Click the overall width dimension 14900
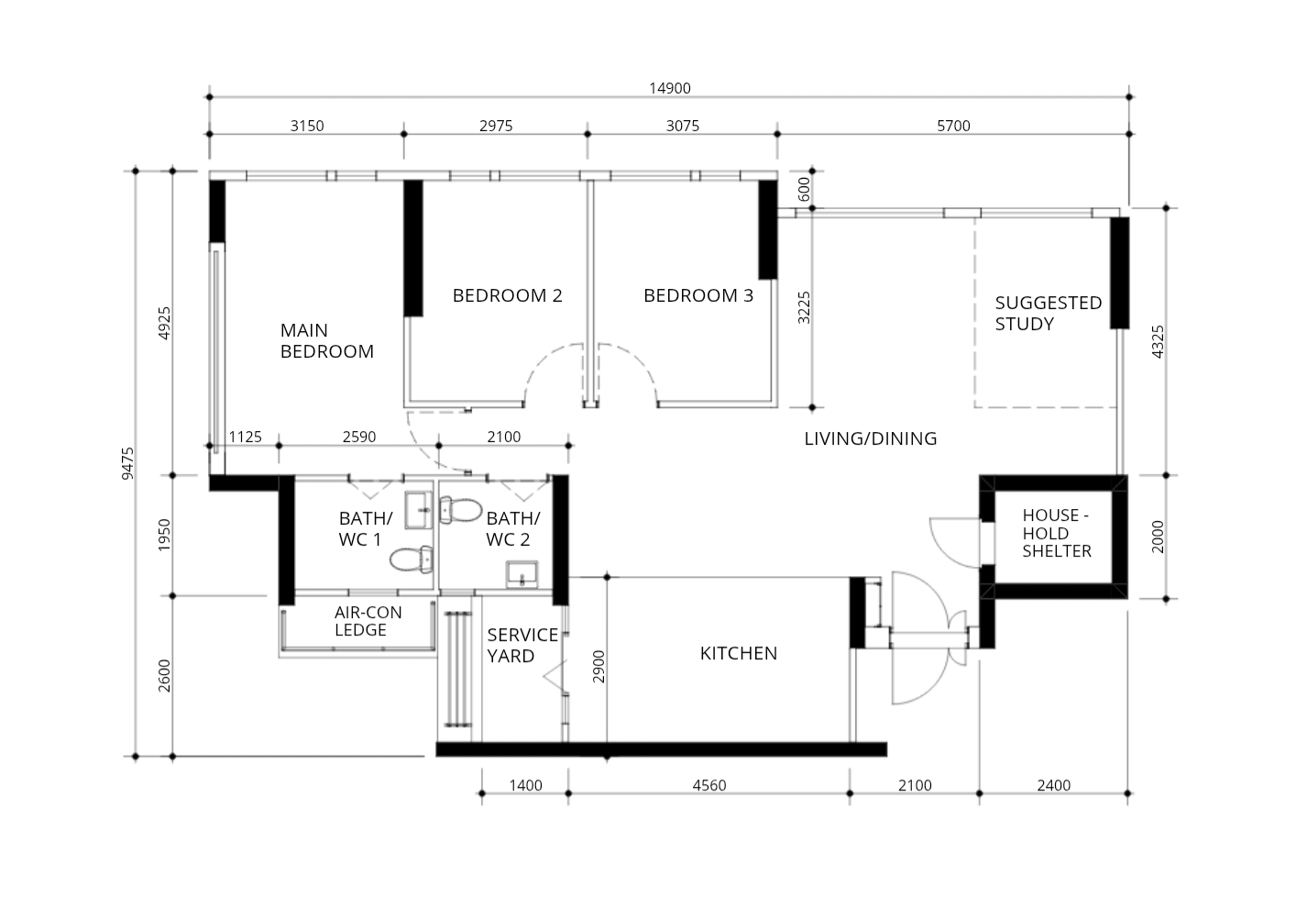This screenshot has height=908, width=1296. [x=669, y=88]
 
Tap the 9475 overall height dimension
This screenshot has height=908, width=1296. [x=127, y=463]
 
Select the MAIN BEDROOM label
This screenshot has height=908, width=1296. [x=326, y=340]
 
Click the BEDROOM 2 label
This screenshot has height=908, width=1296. [x=507, y=295]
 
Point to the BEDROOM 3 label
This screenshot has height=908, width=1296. [x=697, y=295]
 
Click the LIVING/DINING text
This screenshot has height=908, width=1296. [x=870, y=438]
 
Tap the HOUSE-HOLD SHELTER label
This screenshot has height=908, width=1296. [x=1056, y=533]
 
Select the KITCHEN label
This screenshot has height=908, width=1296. [x=738, y=653]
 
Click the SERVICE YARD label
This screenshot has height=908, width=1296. [x=522, y=645]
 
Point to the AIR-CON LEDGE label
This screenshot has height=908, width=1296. [x=368, y=621]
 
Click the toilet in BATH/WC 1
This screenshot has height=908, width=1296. [x=412, y=558]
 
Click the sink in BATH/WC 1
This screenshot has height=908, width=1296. [x=419, y=509]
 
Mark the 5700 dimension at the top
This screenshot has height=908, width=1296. [x=953, y=126]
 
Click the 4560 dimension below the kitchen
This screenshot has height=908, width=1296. [x=708, y=785]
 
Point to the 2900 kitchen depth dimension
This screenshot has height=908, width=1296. [x=599, y=667]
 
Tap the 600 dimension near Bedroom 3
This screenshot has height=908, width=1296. [x=804, y=190]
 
